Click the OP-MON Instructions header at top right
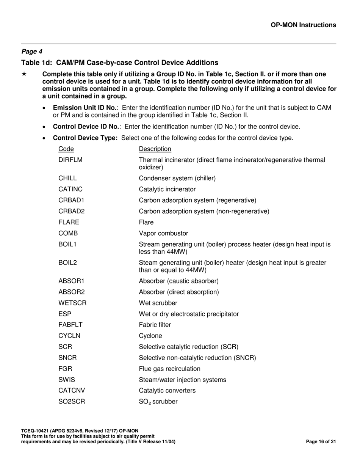(303, 25)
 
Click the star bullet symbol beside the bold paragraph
(24, 74)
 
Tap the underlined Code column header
(66, 149)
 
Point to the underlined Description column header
(155, 149)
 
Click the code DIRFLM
(70, 160)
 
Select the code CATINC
(70, 189)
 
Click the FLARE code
(69, 222)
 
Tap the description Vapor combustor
(163, 233)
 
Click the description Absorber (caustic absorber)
(178, 281)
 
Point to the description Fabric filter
(155, 325)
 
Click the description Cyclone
(150, 336)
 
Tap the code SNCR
(67, 358)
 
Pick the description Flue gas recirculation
(169, 369)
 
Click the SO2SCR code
(72, 402)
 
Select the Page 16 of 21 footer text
(321, 441)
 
